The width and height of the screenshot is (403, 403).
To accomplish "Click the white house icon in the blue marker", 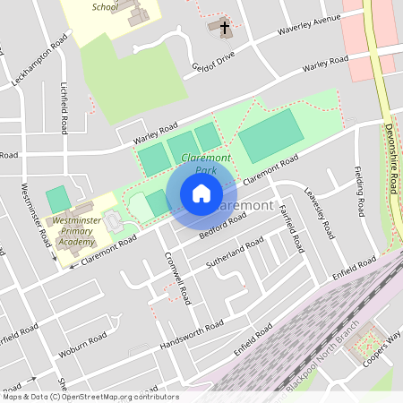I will pos(201,193).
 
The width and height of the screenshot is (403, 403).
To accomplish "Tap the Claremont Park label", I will pos(199,163).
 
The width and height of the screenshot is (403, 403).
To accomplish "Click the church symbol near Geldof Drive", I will pos(221,28).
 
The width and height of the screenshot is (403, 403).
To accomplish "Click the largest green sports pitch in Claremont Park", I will pos(270,135).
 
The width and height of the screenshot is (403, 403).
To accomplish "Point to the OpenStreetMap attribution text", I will pos(90,396).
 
